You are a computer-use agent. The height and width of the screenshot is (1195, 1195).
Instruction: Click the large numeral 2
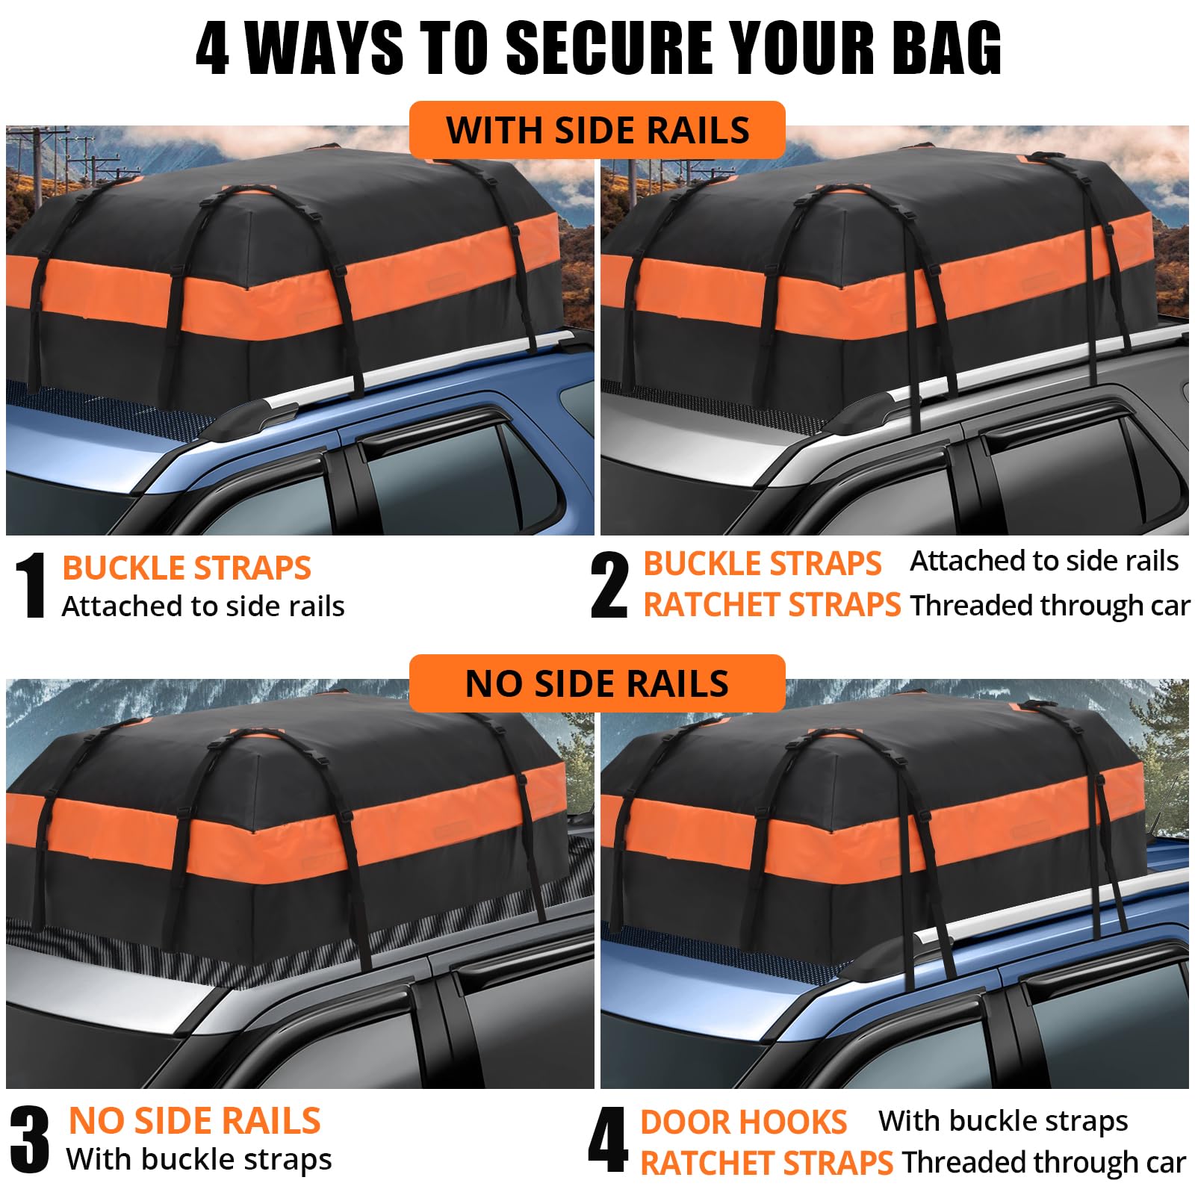(x=609, y=586)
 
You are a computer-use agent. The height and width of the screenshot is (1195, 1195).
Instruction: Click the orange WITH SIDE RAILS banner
(x=597, y=130)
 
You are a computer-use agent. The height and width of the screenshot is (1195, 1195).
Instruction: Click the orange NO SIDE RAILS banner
(x=597, y=683)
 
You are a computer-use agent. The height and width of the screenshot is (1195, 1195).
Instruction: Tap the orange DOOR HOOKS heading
(x=743, y=1123)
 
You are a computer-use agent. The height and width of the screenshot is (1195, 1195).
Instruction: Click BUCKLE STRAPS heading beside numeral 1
(x=187, y=568)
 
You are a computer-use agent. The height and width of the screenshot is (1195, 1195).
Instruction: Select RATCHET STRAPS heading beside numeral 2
(x=772, y=605)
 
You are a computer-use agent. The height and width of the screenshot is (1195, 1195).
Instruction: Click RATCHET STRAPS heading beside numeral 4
(x=766, y=1164)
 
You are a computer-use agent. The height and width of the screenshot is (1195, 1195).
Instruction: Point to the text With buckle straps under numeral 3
(x=199, y=1159)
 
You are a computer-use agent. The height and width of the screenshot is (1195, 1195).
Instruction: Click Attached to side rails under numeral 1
(x=203, y=606)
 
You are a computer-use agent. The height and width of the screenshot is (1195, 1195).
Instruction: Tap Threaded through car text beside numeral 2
(x=1049, y=606)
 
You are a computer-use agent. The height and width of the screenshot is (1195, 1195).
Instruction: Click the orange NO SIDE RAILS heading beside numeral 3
(x=194, y=1121)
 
